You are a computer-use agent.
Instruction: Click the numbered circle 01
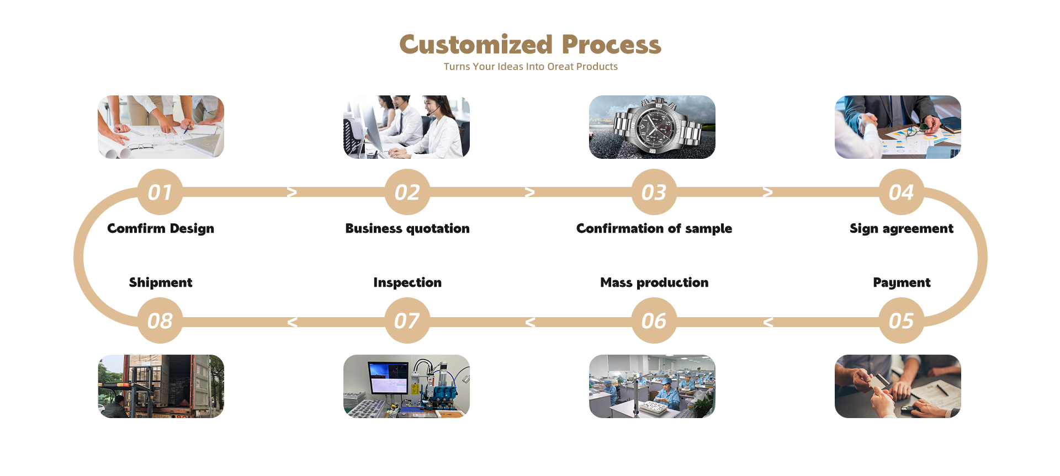pos(160,192)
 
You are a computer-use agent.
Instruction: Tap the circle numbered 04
pos(901,192)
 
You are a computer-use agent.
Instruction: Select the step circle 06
pos(654,320)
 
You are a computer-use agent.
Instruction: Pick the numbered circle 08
pos(160,320)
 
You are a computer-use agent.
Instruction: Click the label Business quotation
pos(407,228)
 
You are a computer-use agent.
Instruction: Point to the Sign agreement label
pos(901,228)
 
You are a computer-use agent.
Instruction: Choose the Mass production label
pos(654,282)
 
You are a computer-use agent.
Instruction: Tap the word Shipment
pos(161,282)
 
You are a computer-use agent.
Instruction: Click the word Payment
pos(902,282)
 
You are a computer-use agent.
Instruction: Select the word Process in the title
pos(611,45)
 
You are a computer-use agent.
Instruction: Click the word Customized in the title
pos(476,45)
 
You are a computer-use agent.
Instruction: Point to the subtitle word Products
pos(597,67)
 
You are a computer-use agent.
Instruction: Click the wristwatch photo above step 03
pos(652,127)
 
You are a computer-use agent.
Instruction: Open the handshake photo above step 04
pos(898,127)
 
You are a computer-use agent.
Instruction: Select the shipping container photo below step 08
pos(161,386)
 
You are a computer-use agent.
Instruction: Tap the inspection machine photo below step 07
pos(406,386)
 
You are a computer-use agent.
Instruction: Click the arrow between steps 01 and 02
pos(292,192)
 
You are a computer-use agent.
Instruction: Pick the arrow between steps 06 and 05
pos(768,322)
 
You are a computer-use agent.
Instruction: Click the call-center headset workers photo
pos(406,127)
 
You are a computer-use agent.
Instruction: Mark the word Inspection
pos(407,282)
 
